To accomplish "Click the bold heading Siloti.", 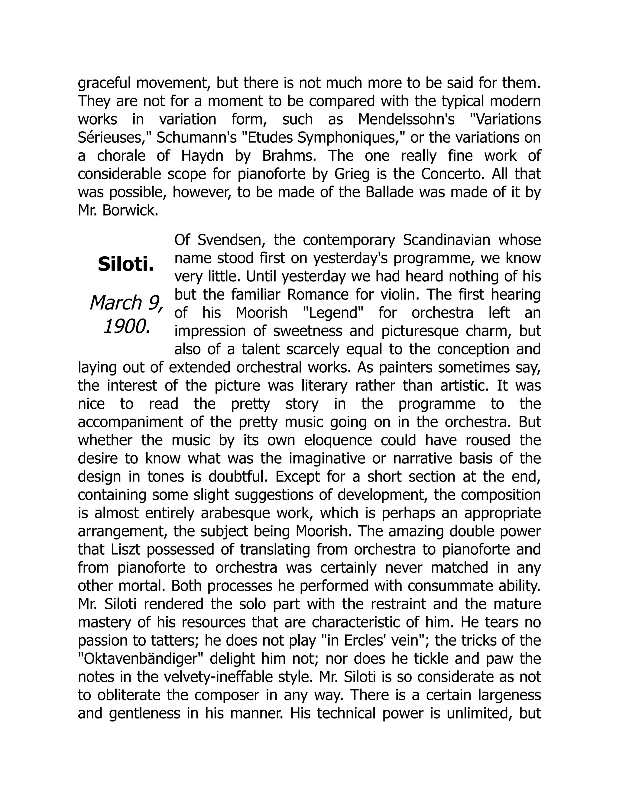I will click(125, 264).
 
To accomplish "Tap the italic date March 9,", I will click(126, 303).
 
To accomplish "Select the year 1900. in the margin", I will click(127, 326).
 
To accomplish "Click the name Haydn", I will click(202, 156).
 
